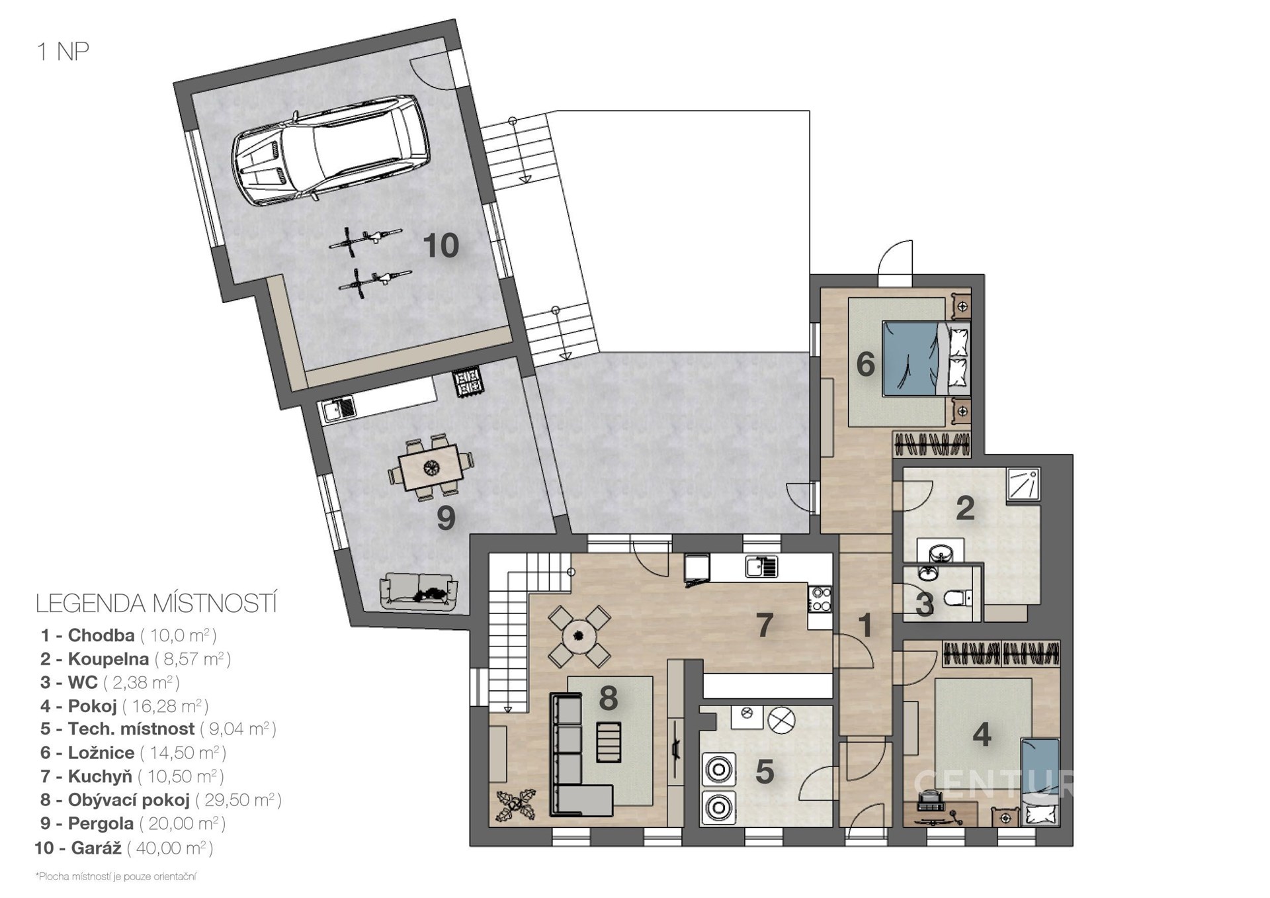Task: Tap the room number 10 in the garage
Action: pos(441,246)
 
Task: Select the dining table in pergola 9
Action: pos(431,466)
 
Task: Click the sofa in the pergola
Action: pos(418,590)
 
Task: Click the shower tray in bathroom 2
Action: pos(1023,484)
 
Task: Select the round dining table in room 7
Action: pos(579,636)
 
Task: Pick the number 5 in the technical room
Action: pos(765,772)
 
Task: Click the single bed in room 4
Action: pos(1040,781)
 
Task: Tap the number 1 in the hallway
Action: pos(865,625)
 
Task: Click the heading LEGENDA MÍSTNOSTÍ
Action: pos(156,604)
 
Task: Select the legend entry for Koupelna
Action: pos(136,659)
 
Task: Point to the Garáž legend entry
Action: pos(124,848)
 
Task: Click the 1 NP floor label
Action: pos(63,52)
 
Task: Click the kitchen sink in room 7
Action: pos(761,567)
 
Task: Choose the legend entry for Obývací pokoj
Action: pos(161,800)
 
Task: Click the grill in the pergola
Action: pos(468,382)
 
